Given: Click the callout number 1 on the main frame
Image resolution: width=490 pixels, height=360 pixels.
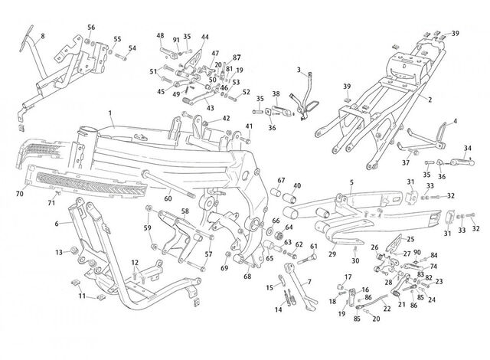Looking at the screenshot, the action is coord(110,113).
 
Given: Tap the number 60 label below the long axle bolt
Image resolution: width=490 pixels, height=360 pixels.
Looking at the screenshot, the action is coord(168,198).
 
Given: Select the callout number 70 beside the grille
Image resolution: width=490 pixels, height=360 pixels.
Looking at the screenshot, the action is coord(19,194).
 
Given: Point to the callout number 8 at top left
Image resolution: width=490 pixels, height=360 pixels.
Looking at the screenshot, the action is coord(43,36).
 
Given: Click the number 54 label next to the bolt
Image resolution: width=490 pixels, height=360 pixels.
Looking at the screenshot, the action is coord(132,48).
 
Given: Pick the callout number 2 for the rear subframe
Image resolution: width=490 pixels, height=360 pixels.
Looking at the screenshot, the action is coord(430,100).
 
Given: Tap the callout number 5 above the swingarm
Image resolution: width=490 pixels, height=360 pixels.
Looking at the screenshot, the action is coord(351,182).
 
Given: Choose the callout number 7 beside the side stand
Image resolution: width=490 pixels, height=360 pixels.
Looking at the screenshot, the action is coord(309,282).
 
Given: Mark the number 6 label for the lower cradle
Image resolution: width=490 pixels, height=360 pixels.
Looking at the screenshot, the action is coord(57,224).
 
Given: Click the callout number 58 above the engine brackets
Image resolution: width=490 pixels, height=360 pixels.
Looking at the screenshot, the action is coord(185,211).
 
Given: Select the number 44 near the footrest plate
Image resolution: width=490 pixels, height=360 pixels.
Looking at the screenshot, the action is coord(204,37).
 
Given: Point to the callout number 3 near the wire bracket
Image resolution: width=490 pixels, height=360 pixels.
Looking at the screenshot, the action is coord(299,70).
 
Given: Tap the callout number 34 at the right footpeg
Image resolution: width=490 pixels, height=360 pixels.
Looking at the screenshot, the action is coord(468,148).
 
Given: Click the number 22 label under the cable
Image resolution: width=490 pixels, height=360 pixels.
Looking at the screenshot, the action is coord(387,309).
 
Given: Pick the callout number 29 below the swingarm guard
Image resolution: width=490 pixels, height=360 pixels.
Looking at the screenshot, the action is coord(332,254).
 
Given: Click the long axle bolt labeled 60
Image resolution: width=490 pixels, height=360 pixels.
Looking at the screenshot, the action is coord(168,185).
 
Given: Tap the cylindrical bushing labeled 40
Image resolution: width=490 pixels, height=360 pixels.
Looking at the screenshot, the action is coord(289,198).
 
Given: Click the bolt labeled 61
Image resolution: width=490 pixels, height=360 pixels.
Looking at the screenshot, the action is coord(307,259).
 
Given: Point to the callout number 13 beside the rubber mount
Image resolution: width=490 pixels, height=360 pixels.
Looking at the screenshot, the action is coord(59,252).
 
